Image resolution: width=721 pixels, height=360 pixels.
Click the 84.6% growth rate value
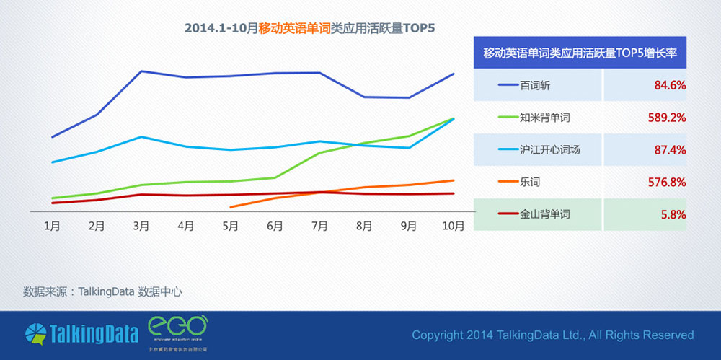pyautogui.click(x=669, y=85)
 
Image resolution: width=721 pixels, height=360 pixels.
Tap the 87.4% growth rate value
pyautogui.click(x=669, y=150)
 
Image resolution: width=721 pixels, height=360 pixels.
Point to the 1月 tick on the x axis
pyautogui.click(x=52, y=226)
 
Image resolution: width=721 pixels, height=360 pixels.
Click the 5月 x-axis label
pyautogui.click(x=230, y=226)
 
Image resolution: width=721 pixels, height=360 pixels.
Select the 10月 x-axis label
pyautogui.click(x=453, y=226)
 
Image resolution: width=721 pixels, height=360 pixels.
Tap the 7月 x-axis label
pyautogui.click(x=319, y=226)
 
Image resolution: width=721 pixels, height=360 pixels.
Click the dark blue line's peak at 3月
pyautogui.click(x=141, y=71)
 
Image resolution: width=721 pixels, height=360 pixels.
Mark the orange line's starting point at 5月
pyautogui.click(x=231, y=207)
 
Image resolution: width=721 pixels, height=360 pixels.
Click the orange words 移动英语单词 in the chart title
pyautogui.click(x=294, y=29)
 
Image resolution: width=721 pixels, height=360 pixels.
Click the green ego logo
pyautogui.click(x=177, y=329)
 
